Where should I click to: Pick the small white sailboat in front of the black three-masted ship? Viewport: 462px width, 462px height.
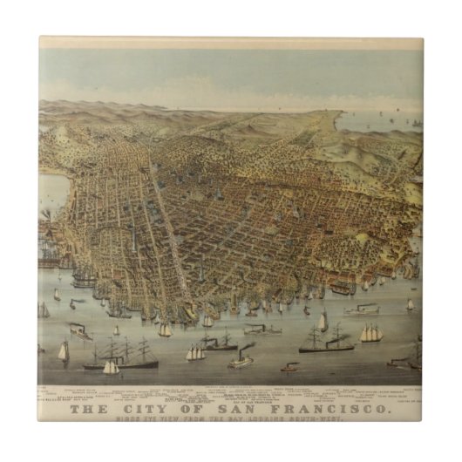pyautogui.click(x=112, y=367)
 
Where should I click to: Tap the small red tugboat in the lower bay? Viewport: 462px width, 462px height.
pyautogui.click(x=289, y=367)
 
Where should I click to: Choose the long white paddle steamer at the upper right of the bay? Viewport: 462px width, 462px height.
pyautogui.click(x=362, y=308)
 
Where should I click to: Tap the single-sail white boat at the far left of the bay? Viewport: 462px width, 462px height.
pyautogui.click(x=63, y=351)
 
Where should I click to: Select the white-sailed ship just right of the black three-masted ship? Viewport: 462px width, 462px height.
pyautogui.click(x=195, y=352)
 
